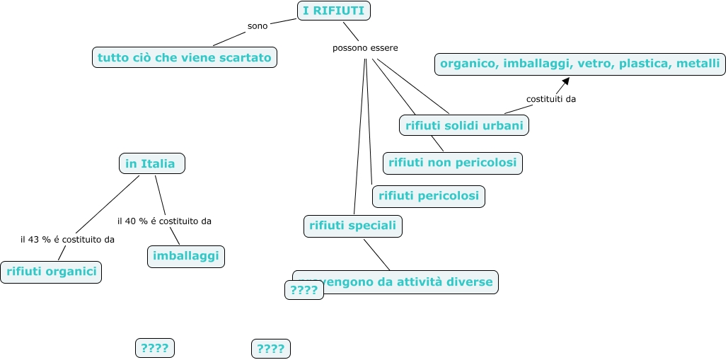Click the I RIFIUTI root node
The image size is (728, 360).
334,11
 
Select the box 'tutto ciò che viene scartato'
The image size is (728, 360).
184,57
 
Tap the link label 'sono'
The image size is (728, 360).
258,26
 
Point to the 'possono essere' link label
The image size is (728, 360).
365,48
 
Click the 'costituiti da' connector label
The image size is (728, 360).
551,99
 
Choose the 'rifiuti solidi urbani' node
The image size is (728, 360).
464,126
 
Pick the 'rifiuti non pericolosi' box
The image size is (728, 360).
452,163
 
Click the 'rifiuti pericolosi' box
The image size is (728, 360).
429,196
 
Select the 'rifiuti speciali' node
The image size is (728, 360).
353,226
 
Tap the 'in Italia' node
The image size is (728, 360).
151,163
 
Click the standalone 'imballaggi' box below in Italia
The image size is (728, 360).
185,256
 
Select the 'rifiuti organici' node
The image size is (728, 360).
50,272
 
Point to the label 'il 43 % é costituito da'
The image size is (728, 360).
67,239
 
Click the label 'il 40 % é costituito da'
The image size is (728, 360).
164,221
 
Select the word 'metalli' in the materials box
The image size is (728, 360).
698,64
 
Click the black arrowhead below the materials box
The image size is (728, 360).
565,81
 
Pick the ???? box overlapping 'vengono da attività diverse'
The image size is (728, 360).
304,290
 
